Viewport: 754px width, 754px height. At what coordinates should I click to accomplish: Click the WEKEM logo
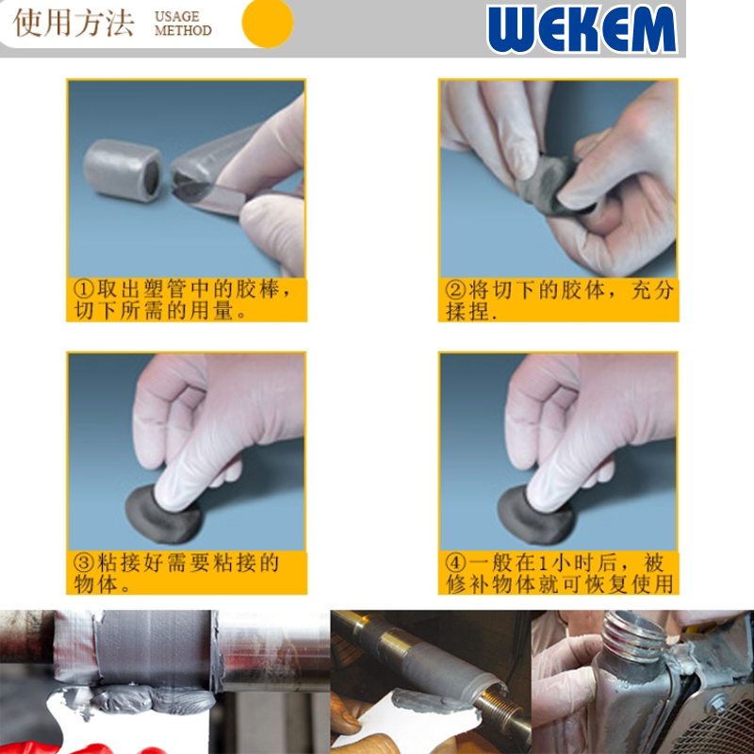582,28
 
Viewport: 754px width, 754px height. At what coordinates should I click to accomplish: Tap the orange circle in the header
268,23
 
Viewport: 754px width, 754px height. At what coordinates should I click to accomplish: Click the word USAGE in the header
177,16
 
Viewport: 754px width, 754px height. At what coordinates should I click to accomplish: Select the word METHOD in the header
183,30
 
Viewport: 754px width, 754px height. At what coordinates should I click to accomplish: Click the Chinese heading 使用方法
74,23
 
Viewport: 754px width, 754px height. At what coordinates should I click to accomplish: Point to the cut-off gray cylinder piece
123,171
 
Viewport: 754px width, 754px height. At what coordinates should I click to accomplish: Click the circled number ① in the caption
84,289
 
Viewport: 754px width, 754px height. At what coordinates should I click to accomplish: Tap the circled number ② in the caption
455,289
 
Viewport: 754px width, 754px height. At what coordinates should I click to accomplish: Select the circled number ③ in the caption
84,562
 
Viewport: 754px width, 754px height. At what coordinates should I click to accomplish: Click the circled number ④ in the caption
455,562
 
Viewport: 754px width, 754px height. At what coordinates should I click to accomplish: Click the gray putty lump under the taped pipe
144,699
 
